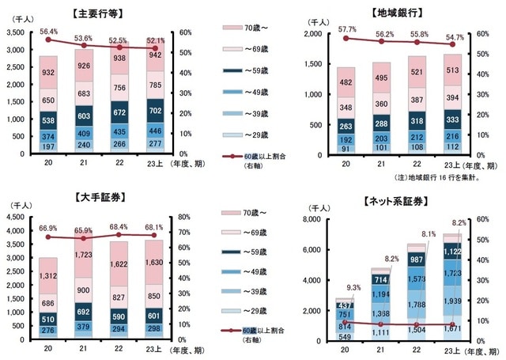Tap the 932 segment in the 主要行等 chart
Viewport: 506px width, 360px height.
click(49, 73)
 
